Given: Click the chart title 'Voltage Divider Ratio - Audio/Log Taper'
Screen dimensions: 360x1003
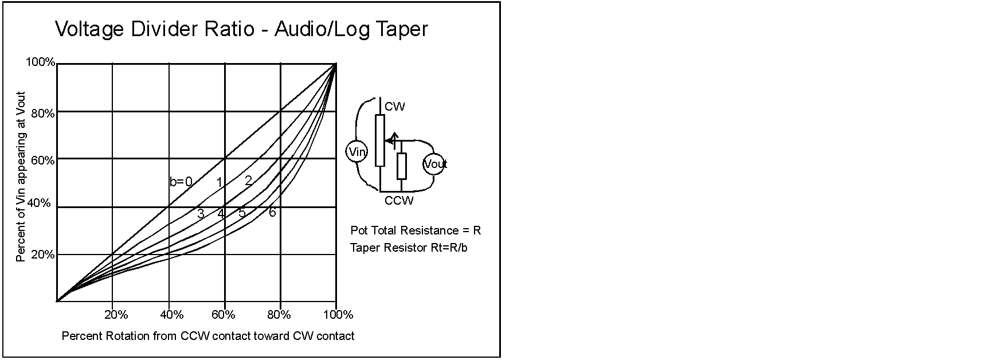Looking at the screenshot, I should [x=241, y=29].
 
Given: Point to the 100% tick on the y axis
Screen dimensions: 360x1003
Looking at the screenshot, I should [x=40, y=62].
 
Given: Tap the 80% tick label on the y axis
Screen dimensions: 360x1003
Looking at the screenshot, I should [x=42, y=114].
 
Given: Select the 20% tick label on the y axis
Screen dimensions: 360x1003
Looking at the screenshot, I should [x=42, y=255].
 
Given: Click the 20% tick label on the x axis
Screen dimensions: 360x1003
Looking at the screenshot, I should [x=116, y=315].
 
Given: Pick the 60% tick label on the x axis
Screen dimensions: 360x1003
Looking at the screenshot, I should [x=224, y=315].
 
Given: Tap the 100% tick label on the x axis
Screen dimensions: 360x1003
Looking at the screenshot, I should [x=338, y=315].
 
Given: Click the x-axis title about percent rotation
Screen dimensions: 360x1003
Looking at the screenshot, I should [x=207, y=336].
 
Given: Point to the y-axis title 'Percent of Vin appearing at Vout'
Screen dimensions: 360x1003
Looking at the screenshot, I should [x=21, y=177].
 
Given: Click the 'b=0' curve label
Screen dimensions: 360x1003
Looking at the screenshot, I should [x=181, y=182].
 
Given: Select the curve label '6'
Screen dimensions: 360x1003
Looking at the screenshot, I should [x=272, y=213].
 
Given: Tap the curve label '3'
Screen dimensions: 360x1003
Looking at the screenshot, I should [x=201, y=214].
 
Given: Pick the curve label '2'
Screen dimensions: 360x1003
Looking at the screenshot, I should [x=248, y=181].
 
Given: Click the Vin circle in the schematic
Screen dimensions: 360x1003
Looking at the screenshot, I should [x=356, y=152].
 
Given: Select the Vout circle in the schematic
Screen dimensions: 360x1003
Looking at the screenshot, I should [x=434, y=165].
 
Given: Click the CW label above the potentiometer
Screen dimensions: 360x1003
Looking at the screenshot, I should [x=395, y=107].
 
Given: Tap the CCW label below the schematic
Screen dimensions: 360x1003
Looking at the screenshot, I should [x=399, y=201].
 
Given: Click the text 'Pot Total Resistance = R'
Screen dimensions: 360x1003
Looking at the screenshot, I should [x=416, y=230].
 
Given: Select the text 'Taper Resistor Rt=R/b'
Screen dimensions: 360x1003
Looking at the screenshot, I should [x=409, y=248].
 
